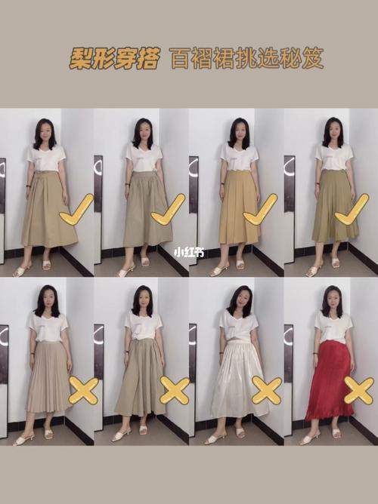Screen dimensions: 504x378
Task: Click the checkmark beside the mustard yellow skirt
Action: pyautogui.click(x=261, y=209)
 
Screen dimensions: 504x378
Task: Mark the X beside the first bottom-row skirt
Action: pyautogui.click(x=83, y=391)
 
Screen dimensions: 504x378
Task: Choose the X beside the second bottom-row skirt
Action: pyautogui.click(x=174, y=390)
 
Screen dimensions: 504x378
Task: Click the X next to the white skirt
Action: pyautogui.click(x=266, y=390)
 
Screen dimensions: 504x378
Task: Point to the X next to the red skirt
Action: pyautogui.click(x=358, y=390)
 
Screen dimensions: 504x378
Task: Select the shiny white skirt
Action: pyautogui.click(x=239, y=381)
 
